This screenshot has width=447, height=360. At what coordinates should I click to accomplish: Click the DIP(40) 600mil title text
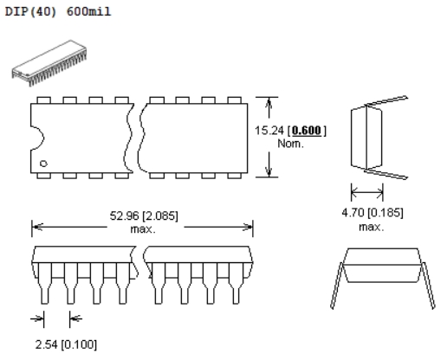click(58, 11)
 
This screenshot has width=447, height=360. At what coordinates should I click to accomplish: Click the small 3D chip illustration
click(49, 63)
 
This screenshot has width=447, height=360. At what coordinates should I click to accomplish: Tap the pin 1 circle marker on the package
click(43, 164)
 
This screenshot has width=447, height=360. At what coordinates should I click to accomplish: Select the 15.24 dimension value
click(269, 131)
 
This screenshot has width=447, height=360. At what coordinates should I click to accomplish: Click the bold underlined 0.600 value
click(307, 131)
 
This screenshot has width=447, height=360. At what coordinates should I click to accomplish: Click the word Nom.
click(290, 144)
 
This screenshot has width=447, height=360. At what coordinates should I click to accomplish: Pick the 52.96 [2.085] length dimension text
click(144, 215)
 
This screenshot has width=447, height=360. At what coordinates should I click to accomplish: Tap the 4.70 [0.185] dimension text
click(372, 213)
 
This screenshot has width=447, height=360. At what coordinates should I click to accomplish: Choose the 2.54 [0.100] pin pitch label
click(66, 344)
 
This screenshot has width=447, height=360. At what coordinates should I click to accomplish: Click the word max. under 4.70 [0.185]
click(372, 228)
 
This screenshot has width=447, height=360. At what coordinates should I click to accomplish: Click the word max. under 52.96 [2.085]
click(143, 229)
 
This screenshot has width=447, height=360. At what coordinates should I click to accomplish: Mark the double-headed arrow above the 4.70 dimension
click(367, 191)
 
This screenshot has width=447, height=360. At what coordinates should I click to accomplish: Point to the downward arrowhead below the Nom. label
click(269, 170)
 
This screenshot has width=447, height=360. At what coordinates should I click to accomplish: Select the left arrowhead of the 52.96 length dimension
click(37, 227)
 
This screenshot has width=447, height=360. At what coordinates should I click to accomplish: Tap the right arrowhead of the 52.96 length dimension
click(247, 227)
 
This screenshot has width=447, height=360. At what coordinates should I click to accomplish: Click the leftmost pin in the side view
click(44, 283)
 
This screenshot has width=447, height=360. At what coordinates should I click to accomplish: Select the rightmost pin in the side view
click(236, 283)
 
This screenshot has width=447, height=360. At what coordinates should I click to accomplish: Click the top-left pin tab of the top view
click(44, 100)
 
